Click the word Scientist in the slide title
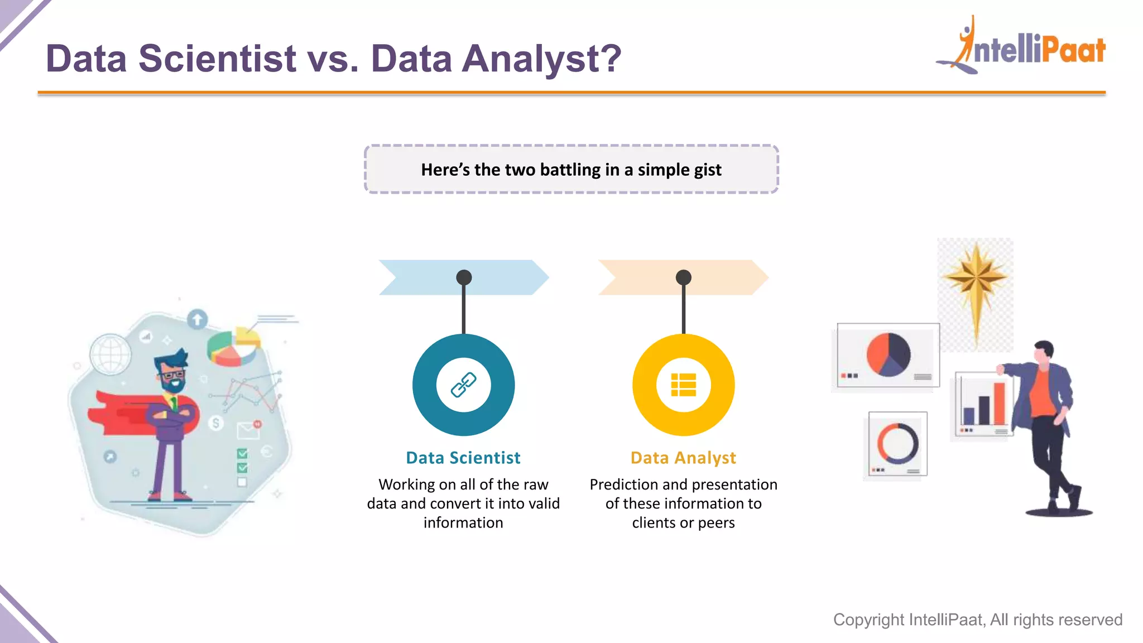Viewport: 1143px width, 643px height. coord(217,58)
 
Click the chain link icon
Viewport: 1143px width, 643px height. coord(463,385)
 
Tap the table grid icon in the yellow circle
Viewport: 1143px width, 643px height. coord(683,385)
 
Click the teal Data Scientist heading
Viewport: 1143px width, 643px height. coord(463,458)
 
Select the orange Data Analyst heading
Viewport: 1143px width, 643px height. coord(683,458)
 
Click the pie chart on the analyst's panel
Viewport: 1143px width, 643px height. coord(888,354)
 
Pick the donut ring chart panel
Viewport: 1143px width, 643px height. coord(897,444)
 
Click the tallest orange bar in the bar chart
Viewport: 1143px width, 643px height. coord(999,403)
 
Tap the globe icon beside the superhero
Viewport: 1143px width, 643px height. coord(110,354)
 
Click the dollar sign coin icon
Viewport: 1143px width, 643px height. coord(216,423)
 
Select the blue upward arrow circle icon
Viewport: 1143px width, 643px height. coord(197,320)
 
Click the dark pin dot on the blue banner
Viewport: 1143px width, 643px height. coord(464,277)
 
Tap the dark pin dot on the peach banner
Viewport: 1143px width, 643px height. coord(683,277)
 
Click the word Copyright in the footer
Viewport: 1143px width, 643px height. coord(868,620)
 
